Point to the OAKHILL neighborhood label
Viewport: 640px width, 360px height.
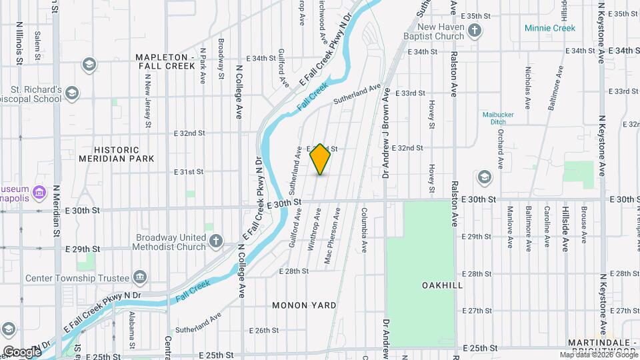pos(442,285)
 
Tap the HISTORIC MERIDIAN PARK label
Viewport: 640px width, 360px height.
pos(117,154)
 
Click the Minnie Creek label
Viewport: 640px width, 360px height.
pos(549,28)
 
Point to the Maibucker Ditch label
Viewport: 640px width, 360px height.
pos(498,117)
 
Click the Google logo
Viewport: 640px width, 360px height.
pos(22,351)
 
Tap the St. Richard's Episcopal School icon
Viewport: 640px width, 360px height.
pos(72,93)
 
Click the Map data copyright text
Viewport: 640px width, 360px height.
pos(598,355)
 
